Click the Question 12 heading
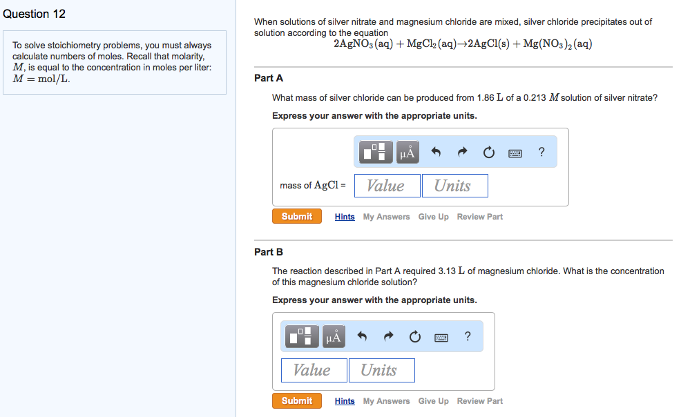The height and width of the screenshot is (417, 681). [34, 14]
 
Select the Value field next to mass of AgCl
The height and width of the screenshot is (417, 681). [386, 186]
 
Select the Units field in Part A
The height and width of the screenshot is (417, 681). [454, 186]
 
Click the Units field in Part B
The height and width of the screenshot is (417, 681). [381, 370]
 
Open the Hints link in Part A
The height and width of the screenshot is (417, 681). [345, 217]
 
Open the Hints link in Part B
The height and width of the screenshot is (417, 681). [345, 401]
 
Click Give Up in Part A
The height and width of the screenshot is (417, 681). [433, 217]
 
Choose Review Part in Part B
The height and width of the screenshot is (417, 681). [479, 401]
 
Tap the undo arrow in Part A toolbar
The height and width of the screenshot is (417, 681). [436, 153]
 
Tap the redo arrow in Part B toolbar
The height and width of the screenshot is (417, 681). [388, 337]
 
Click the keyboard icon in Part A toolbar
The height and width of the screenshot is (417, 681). [515, 153]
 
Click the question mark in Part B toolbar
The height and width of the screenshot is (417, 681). [468, 336]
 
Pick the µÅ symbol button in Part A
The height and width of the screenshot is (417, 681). [407, 153]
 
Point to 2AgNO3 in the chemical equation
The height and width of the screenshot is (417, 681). [354, 44]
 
